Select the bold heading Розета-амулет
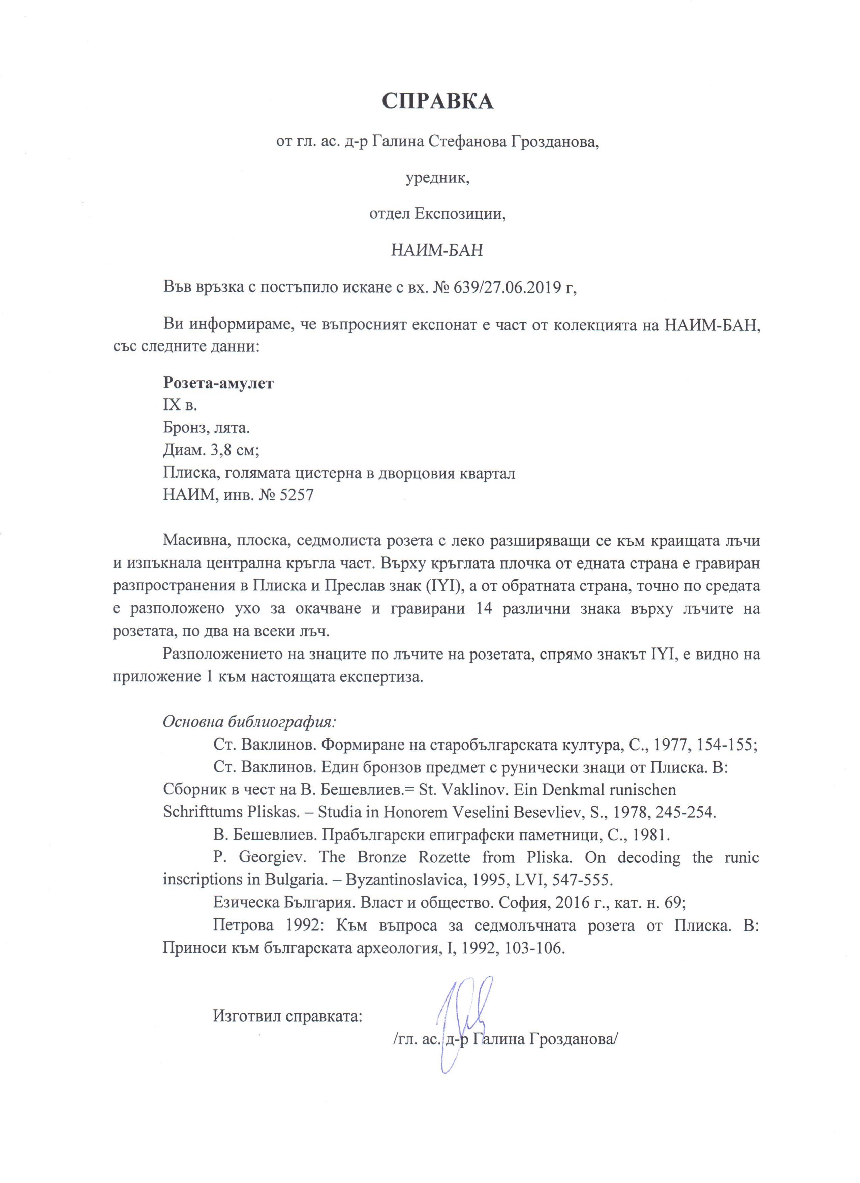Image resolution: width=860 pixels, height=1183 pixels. click(218, 383)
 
